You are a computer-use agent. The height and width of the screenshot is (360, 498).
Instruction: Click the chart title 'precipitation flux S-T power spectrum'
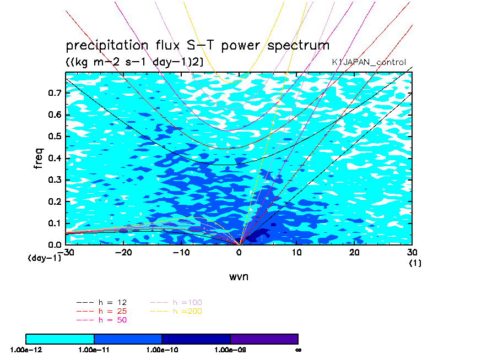[x=197, y=45]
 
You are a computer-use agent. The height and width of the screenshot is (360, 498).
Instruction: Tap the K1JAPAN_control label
[x=369, y=62]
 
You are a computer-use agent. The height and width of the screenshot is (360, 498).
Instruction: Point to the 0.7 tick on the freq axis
[x=55, y=94]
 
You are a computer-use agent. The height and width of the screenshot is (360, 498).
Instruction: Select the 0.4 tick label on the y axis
[x=55, y=159]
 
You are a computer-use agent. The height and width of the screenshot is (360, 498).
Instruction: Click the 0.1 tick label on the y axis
[x=55, y=223]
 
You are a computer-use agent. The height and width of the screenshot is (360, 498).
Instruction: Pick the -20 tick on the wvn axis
[x=123, y=252]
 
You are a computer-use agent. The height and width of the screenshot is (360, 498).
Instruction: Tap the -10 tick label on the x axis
[x=181, y=252]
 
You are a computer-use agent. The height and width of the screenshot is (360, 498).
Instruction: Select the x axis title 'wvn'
[x=239, y=276]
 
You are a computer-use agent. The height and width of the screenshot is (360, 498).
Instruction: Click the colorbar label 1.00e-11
[x=94, y=350]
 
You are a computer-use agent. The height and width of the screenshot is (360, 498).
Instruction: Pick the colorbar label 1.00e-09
[x=230, y=350]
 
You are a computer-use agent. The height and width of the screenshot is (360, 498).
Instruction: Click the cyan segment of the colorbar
[x=60, y=339]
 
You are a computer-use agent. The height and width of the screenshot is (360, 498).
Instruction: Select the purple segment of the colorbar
[x=264, y=339]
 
